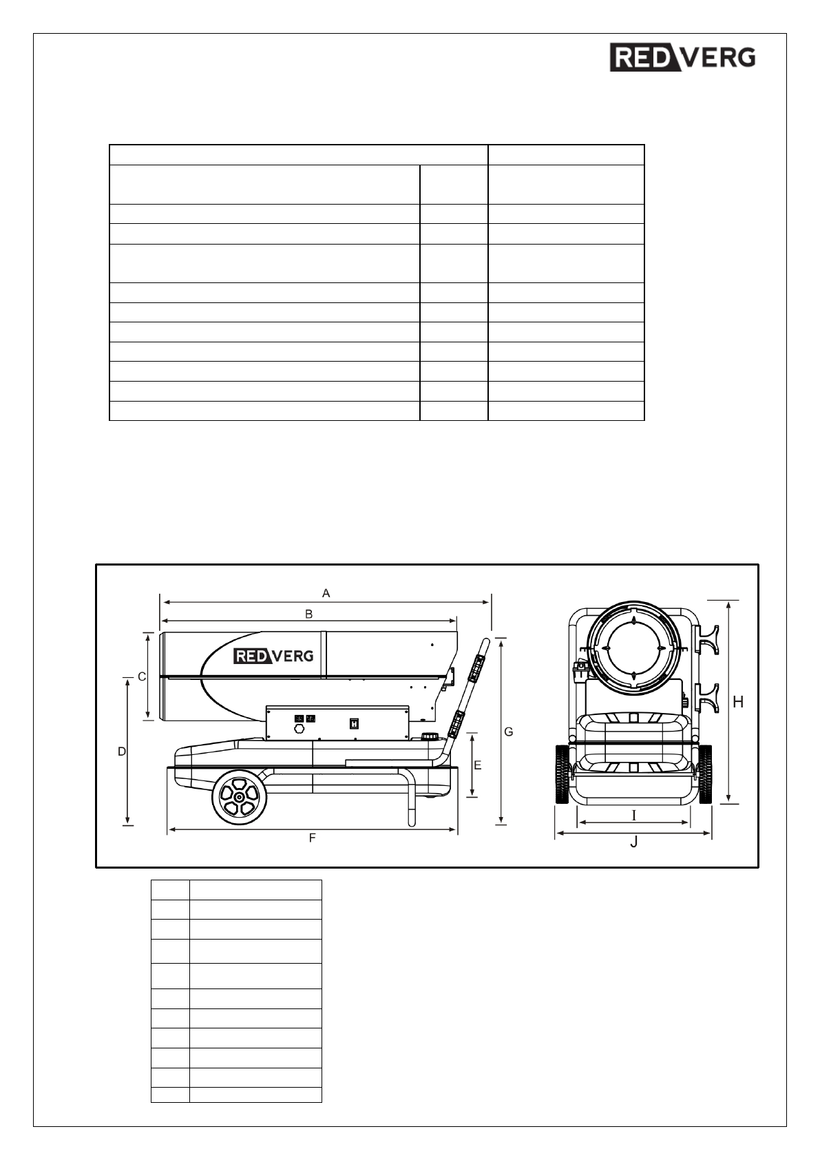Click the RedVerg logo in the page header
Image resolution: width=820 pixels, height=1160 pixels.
pyautogui.click(x=682, y=58)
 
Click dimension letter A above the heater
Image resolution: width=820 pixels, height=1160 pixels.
pyautogui.click(x=326, y=593)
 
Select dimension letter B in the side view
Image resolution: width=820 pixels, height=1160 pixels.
pyautogui.click(x=309, y=613)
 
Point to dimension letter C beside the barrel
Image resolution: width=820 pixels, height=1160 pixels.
pyautogui.click(x=142, y=676)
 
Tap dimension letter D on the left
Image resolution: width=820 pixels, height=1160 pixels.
pyautogui.click(x=122, y=752)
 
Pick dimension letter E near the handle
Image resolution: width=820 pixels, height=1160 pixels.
pyautogui.click(x=477, y=765)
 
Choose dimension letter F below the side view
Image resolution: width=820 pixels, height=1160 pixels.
pyautogui.click(x=312, y=838)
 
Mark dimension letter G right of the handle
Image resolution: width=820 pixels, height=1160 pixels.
pyautogui.click(x=509, y=732)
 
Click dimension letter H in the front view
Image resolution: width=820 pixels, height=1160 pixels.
pyautogui.click(x=738, y=702)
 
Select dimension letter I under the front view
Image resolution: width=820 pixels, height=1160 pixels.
pyautogui.click(x=634, y=816)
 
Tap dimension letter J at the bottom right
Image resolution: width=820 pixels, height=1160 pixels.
pyautogui.click(x=634, y=842)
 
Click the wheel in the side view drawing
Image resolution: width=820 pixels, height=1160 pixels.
pyautogui.click(x=239, y=797)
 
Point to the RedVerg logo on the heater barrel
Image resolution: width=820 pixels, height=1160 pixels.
pyautogui.click(x=274, y=656)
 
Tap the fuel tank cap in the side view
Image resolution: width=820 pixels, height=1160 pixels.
pyautogui.click(x=431, y=736)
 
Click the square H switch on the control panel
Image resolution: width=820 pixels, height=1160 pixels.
pyautogui.click(x=355, y=723)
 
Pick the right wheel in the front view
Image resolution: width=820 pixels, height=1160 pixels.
pyautogui.click(x=705, y=774)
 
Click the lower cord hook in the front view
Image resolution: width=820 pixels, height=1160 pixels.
pyautogui.click(x=707, y=698)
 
